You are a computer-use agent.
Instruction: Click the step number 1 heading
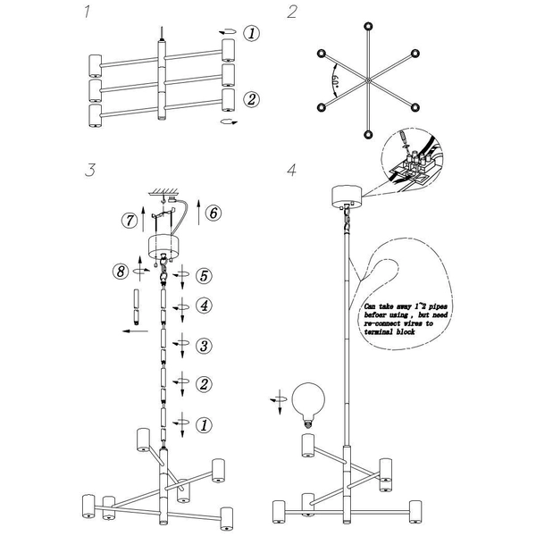click(x=86, y=13)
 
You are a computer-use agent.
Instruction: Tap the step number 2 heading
click(x=291, y=13)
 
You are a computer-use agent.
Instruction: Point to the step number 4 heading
click(x=291, y=170)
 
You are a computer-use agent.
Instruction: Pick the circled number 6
click(x=212, y=213)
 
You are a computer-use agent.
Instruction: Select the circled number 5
click(x=204, y=275)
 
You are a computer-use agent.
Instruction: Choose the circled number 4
click(x=204, y=306)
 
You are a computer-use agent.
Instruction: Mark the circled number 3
click(x=204, y=345)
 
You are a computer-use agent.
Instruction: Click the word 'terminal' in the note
click(x=383, y=331)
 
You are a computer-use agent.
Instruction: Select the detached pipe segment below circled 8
click(x=137, y=306)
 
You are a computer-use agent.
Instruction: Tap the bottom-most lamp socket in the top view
click(x=367, y=135)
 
